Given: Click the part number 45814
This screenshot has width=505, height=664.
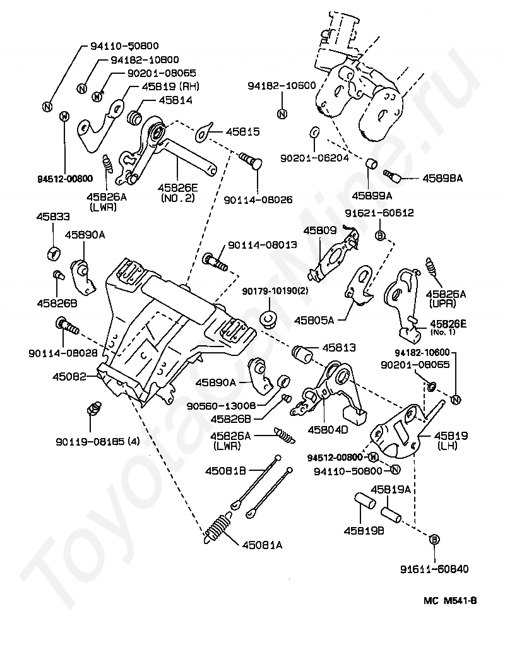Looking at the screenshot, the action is click(175, 100).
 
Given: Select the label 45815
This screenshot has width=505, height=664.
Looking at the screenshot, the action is click(243, 132).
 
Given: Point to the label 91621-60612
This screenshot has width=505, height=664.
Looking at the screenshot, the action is click(379, 213).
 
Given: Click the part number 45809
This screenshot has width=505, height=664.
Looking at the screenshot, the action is click(320, 231).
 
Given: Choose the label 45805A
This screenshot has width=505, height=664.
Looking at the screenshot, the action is click(314, 321).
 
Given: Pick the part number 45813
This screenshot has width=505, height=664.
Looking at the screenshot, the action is click(339, 348).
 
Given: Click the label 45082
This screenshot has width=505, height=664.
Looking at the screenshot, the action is click(69, 376).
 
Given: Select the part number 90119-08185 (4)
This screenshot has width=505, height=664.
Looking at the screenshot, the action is click(97, 442).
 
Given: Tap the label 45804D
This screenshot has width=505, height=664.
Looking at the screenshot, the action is click(328, 430).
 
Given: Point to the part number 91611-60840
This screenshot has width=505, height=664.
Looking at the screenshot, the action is click(434, 569).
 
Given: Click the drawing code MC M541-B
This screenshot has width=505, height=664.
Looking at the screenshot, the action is click(450, 600).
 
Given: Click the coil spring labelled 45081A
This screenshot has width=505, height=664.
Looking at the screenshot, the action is click(217, 528).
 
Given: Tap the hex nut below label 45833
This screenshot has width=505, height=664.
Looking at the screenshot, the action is click(53, 253).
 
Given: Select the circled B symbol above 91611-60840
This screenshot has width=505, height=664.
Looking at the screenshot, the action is click(435, 540).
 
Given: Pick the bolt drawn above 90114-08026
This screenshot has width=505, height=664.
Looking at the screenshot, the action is click(251, 162).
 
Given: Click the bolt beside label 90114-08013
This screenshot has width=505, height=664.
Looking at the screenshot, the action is click(215, 261).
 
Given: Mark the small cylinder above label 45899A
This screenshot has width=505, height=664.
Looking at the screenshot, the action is click(372, 163).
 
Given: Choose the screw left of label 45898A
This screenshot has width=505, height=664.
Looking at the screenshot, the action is click(392, 175).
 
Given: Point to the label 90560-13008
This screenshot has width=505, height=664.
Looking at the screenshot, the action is click(221, 406).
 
